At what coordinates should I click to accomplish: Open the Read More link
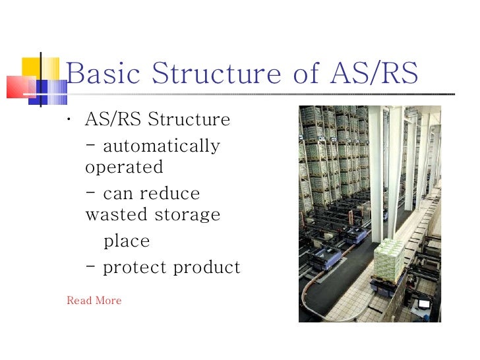[x=94, y=301]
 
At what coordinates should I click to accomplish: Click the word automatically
[x=162, y=146]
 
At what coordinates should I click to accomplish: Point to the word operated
[x=124, y=167]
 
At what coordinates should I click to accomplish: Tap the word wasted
[x=117, y=215]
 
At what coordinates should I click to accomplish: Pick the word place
[x=127, y=242]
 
